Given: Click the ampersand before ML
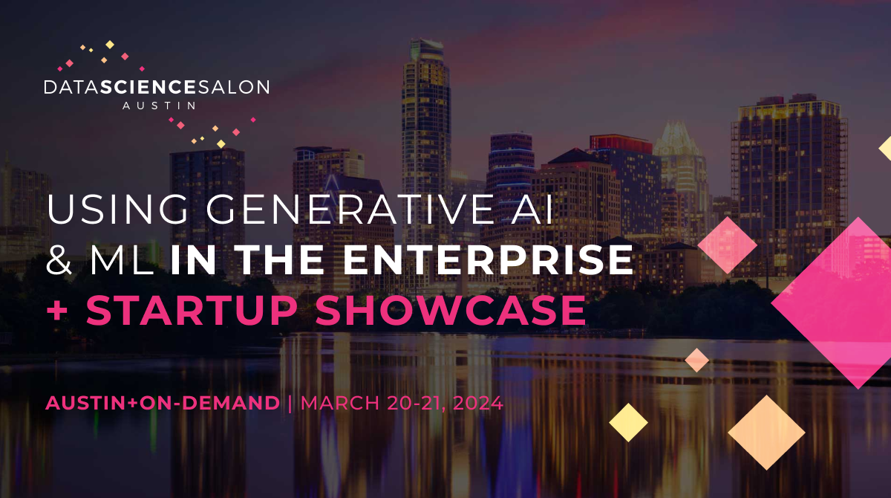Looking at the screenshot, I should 60,261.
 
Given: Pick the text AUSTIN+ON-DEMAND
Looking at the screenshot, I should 163,404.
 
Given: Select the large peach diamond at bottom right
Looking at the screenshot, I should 766,433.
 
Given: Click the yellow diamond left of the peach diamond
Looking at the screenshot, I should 628,422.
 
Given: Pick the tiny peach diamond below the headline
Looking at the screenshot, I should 696,360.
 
